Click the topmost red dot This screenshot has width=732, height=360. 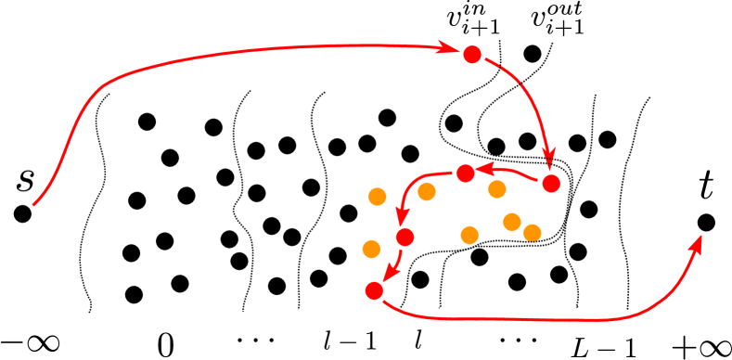click(x=472, y=55)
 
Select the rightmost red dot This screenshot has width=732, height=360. click(x=551, y=184)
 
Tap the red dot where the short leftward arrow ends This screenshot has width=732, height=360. click(x=466, y=173)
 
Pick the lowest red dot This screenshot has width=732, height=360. click(x=374, y=290)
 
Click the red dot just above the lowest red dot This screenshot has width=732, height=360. click(x=405, y=237)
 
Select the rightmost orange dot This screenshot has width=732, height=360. click(x=532, y=232)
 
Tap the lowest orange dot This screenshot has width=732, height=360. click(x=371, y=249)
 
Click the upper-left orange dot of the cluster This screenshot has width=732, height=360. click(x=377, y=196)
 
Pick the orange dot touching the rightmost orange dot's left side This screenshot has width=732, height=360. click(x=511, y=222)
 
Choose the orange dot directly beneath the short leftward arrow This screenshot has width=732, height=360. click(x=497, y=189)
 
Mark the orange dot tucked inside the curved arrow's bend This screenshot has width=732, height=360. click(x=427, y=191)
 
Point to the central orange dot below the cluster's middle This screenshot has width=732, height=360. click(x=469, y=235)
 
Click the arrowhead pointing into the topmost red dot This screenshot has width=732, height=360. click(x=449, y=47)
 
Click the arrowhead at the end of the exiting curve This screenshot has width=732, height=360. click(x=698, y=243)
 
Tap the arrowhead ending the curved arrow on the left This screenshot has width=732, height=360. click(x=402, y=216)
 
